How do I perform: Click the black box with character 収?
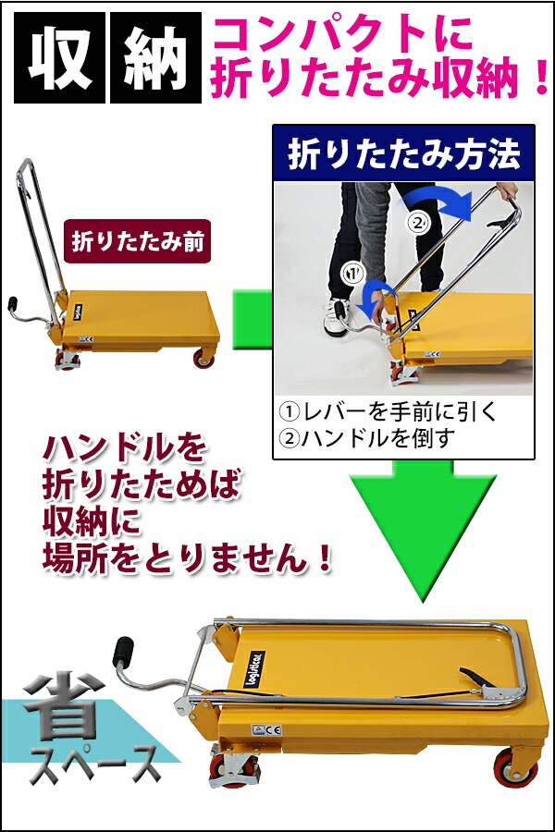(x=59, y=58)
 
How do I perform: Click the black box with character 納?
(x=155, y=58)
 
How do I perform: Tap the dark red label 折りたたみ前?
(x=138, y=241)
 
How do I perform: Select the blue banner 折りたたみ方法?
(x=403, y=153)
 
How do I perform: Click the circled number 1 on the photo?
(x=353, y=274)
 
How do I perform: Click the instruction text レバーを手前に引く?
(x=388, y=411)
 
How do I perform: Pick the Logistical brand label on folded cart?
(x=253, y=668)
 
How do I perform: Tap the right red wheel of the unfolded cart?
(x=203, y=359)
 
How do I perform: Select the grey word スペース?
(x=94, y=765)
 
